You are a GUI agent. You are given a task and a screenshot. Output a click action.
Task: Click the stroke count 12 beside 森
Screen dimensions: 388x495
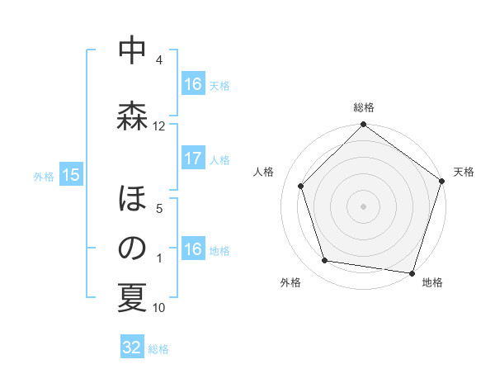tap(159, 126)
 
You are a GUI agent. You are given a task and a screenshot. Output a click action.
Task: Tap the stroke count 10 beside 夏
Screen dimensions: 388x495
tap(159, 308)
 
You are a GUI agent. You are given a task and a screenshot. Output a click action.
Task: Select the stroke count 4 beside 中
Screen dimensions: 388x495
tap(159, 60)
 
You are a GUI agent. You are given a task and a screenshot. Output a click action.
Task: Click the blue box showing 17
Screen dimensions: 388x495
tap(193, 159)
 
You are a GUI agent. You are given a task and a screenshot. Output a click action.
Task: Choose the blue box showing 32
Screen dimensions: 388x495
tap(132, 348)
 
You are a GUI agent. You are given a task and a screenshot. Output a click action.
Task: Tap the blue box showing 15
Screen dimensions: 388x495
tap(71, 175)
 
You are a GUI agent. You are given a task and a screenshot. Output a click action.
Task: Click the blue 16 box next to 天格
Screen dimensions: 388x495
tap(193, 84)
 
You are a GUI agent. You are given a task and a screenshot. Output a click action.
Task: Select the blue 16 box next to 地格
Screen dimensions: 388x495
tap(193, 250)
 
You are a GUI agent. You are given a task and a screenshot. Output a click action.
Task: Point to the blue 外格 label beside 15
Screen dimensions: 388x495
tap(44, 176)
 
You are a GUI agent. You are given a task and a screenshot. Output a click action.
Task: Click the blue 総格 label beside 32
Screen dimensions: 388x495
tap(158, 349)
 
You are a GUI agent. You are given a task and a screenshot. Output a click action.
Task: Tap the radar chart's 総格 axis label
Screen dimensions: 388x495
tap(364, 108)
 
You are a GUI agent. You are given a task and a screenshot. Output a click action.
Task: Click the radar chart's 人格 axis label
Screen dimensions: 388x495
tap(264, 172)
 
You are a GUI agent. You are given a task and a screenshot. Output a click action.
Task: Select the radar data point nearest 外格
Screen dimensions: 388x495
tap(325, 261)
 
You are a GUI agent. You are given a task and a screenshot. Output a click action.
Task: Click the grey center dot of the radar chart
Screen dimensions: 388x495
tap(364, 206)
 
